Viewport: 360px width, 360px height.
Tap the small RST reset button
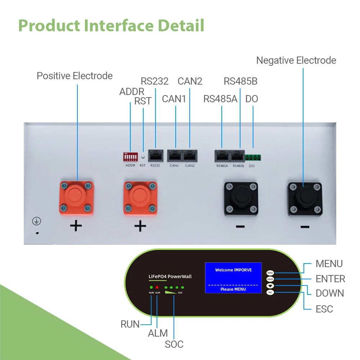coord(143,157)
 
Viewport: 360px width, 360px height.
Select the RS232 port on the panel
coord(156,156)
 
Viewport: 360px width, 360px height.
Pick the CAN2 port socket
coord(190,156)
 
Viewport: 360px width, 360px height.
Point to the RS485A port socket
coord(222,156)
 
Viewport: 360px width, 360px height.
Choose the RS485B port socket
coord(237,156)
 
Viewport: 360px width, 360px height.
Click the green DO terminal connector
coord(253,157)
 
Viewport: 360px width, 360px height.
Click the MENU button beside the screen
coord(270,273)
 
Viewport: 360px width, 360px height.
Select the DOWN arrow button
coord(270,286)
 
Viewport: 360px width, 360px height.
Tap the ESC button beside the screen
coord(270,292)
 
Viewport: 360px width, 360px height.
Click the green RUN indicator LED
coord(151,287)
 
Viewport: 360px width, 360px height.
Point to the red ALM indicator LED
coord(157,287)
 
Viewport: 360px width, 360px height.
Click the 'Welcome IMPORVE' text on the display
coord(233,270)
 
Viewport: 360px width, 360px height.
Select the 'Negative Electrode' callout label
coord(296,60)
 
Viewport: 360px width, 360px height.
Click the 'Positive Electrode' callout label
coord(75,76)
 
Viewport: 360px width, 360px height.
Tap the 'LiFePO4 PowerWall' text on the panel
coord(170,276)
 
